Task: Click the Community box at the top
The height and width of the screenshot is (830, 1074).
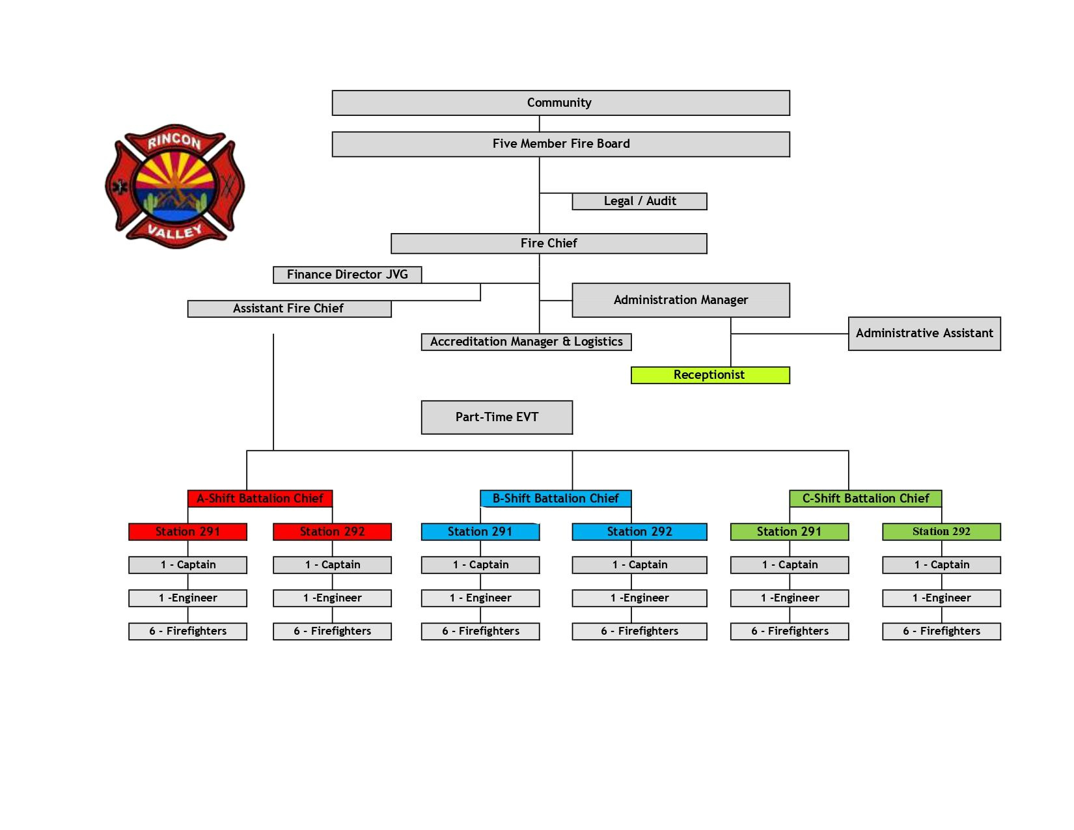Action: click(x=560, y=103)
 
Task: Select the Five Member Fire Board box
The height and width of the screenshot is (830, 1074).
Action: click(x=560, y=144)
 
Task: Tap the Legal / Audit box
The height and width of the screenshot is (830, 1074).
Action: click(x=639, y=201)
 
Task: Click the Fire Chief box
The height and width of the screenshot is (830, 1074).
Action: click(x=549, y=243)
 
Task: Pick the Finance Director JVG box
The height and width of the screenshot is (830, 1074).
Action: click(x=347, y=275)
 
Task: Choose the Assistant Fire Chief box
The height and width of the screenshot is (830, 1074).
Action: click(x=289, y=309)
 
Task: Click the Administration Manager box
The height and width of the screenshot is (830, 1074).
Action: click(x=680, y=300)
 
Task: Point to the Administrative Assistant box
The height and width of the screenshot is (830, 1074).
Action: click(x=924, y=333)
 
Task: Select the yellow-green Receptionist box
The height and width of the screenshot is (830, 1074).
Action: click(x=709, y=375)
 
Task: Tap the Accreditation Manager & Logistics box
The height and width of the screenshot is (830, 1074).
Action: click(x=526, y=342)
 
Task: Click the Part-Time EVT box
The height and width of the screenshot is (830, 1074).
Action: click(x=497, y=417)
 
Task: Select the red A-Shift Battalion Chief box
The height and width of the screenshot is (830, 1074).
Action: click(x=260, y=499)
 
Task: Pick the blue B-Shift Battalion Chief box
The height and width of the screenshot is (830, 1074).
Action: click(x=555, y=499)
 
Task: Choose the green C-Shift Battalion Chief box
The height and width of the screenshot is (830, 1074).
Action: click(x=865, y=499)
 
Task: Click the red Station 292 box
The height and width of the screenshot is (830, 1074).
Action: click(x=332, y=532)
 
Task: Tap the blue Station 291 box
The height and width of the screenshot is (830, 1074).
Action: click(x=480, y=532)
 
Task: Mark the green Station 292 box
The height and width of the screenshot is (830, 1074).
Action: click(x=941, y=532)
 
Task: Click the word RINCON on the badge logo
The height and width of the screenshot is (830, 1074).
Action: click(x=174, y=141)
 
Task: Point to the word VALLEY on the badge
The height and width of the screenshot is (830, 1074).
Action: click(x=174, y=230)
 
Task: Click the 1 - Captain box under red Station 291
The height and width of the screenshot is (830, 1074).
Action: click(x=187, y=565)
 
